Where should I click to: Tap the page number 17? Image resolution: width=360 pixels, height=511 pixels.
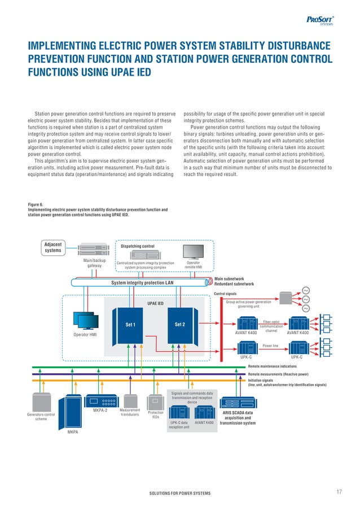339,492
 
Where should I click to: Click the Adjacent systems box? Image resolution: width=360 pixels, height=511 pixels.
54,247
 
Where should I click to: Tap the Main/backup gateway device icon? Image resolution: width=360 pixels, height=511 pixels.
94,250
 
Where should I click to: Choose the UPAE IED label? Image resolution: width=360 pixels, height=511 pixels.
155,303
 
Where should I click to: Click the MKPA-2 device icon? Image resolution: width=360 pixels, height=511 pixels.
102,401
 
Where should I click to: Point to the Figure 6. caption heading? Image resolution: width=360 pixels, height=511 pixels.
36,204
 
